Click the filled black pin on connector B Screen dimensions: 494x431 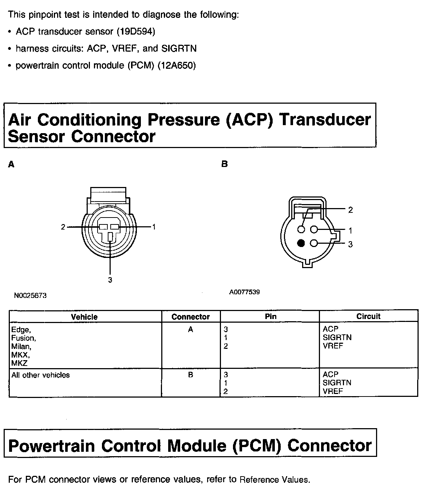301,243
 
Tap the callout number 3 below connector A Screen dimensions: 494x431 110,280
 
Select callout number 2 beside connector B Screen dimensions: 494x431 350,210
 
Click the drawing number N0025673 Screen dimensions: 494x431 31,296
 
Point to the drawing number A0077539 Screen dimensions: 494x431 245,292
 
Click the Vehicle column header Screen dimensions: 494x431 84,317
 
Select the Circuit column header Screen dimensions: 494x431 368,316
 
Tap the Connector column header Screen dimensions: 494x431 190,317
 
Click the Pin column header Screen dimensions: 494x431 270,316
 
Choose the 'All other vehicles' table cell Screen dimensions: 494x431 40,375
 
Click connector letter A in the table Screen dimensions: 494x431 190,330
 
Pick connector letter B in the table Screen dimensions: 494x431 190,375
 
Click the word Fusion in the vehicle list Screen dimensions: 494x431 23,338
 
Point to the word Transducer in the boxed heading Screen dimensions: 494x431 324,120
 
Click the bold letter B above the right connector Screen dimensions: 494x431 225,164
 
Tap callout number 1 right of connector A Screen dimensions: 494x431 154,227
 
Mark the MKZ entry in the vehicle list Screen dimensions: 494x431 19,363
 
